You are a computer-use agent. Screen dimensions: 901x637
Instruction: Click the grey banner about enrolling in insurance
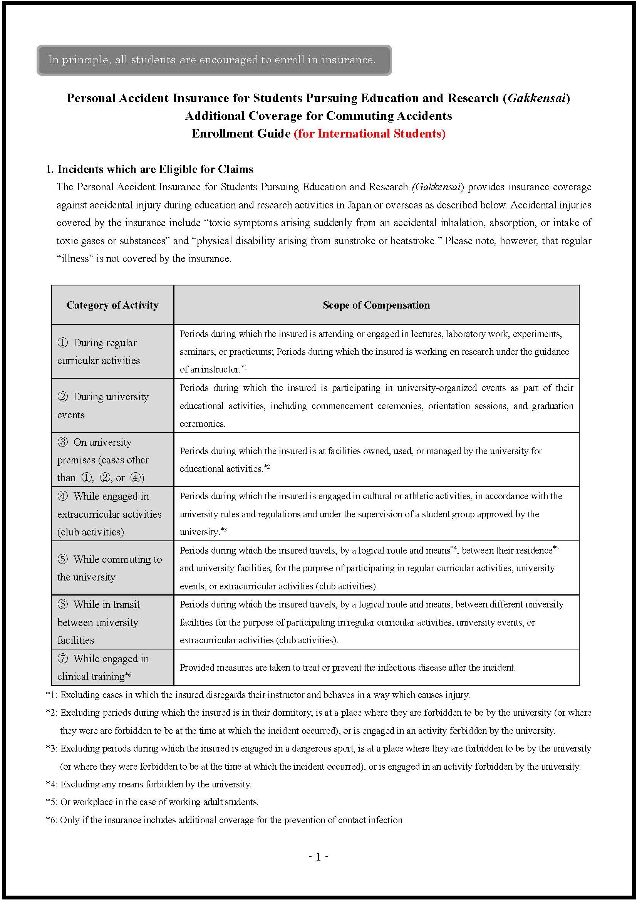pos(214,60)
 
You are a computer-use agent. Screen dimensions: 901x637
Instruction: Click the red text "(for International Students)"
pos(369,134)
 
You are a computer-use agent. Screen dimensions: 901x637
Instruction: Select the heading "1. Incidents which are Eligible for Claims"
pos(149,169)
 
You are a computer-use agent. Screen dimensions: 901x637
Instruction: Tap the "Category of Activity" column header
pos(112,305)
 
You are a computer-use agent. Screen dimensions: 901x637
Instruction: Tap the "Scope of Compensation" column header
pos(376,305)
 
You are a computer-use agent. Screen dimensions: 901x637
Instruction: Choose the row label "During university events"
pos(103,406)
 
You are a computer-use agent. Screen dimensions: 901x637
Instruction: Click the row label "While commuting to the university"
pos(109,568)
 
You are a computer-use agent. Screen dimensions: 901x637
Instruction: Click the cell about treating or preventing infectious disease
pos(347,667)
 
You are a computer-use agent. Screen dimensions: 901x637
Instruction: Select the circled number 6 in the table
pos(63,604)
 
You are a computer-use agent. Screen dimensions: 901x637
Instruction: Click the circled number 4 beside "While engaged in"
pos(63,497)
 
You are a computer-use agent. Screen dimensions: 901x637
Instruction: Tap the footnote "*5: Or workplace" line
pos(152,802)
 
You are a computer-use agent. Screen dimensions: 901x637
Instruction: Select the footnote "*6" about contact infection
pos(225,820)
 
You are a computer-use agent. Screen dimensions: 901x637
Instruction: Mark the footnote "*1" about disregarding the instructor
pos(258,695)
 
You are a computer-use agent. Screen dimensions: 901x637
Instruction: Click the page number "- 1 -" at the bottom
pos(318,857)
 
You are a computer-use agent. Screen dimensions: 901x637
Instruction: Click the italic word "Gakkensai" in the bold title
pos(536,98)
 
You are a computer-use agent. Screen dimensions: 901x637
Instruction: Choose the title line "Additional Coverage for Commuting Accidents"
pos(318,116)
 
